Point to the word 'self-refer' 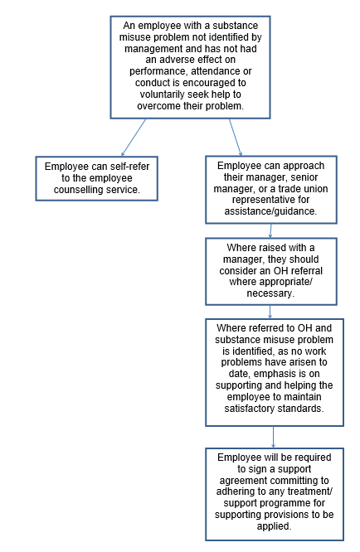click(129, 166)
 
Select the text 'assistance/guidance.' click(270, 211)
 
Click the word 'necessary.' click(270, 293)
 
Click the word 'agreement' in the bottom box click(241, 481)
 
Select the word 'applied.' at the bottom click(274, 526)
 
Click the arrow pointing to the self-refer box click(134, 138)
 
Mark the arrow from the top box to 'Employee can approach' click(236, 138)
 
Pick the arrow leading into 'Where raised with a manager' click(270, 230)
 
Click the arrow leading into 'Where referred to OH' click(270, 312)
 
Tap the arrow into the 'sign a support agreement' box click(274, 437)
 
